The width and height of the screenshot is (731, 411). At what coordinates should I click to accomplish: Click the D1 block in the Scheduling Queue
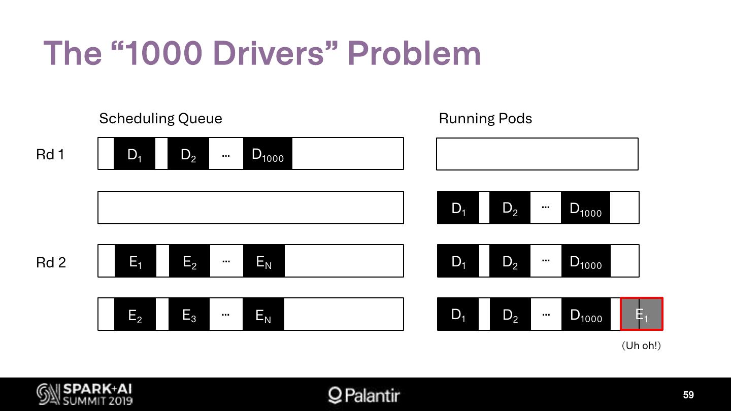135,154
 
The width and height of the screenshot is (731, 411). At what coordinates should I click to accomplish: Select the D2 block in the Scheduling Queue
188,154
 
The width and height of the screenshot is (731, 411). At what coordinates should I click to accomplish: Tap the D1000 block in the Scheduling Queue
268,154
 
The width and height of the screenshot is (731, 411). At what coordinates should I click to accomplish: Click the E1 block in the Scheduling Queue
136,261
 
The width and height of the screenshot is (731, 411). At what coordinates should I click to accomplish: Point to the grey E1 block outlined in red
642,314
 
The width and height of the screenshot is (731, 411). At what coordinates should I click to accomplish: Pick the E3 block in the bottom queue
189,315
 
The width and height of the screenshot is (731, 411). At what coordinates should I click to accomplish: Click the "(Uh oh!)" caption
642,346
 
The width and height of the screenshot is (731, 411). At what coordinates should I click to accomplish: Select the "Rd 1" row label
50,154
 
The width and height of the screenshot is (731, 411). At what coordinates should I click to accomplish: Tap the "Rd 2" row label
51,262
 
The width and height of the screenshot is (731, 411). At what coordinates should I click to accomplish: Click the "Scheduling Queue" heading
160,119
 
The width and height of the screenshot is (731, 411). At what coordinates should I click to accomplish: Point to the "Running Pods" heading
485,119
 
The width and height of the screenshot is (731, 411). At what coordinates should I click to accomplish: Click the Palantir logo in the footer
364,395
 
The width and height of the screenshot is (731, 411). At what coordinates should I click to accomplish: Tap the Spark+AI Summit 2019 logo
85,394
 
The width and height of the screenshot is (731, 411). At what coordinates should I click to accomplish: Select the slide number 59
688,395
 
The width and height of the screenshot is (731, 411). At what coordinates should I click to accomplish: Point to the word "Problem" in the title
414,53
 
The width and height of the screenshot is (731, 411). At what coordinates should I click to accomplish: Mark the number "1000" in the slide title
163,53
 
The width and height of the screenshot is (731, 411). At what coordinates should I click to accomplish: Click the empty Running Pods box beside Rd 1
537,154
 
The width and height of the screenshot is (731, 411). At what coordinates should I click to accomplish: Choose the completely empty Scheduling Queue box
251,208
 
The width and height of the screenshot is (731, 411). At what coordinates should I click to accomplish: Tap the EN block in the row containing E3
263,315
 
